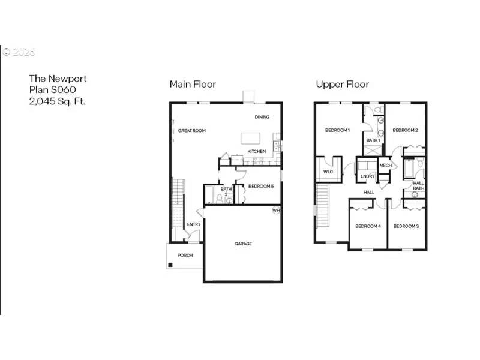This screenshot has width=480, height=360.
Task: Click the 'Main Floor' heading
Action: coord(193,84)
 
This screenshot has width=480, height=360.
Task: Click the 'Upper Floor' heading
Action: coord(343,84)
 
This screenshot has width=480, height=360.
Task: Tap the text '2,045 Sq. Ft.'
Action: coord(57,101)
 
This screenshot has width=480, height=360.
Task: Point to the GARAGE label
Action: coord(243,244)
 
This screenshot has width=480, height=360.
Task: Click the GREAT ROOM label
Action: coord(192,130)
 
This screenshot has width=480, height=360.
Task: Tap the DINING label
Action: coord(262,117)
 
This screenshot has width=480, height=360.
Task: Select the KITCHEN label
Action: coord(257,151)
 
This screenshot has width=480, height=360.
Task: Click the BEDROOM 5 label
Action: coord(261,186)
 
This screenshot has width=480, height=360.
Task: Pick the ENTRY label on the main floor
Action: coord(194,224)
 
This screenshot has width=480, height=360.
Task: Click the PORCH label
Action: coord(185,255)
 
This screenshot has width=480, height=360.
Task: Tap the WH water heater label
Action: coord(276,211)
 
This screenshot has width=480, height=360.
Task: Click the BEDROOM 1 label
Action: coord(337,130)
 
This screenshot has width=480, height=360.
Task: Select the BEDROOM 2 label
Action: coord(405,130)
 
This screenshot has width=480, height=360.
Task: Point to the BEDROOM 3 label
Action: coord(406,226)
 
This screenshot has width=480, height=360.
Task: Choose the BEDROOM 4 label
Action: coord(368,226)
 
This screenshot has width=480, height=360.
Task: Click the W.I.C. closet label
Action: coord(328,172)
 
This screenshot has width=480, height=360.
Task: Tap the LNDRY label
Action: coord(368,176)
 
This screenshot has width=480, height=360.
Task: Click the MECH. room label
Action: coord(386,165)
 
